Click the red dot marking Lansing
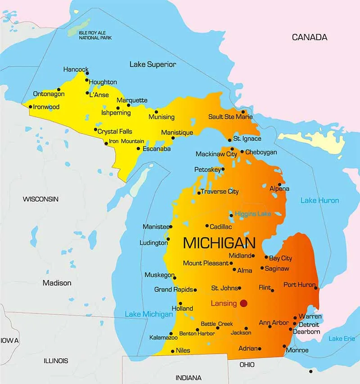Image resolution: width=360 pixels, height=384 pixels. tap(243, 303)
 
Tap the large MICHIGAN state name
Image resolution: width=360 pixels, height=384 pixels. tap(219, 243)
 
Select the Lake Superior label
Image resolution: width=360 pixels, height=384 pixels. tap(153, 64)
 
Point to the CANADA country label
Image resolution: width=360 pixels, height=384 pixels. tap(310, 37)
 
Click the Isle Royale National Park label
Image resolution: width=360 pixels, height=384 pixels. tap(95, 36)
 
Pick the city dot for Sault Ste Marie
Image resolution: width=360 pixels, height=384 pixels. tap(243, 112)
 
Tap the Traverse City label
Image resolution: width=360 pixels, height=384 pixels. tap(220, 192)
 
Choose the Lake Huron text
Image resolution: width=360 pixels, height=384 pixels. tap(319, 201)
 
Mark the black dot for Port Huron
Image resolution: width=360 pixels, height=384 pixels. tap(315, 288)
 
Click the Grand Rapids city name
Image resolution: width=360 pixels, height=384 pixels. tap(173, 290)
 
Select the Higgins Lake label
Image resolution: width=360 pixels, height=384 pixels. tap(253, 214)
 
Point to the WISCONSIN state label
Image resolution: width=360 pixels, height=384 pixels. tap(40, 199)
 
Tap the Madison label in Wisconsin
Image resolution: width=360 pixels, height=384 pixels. tap(57, 283)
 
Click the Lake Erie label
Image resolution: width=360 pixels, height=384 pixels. tap(342, 339)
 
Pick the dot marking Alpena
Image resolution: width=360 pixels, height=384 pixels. tap(279, 184)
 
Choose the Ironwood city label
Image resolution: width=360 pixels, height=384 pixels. tap(46, 107)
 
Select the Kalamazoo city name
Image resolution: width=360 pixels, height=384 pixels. tap(163, 337)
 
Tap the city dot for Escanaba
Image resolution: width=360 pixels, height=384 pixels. tap(139, 148)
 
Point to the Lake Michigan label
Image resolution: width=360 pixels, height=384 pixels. tap(148, 314)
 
